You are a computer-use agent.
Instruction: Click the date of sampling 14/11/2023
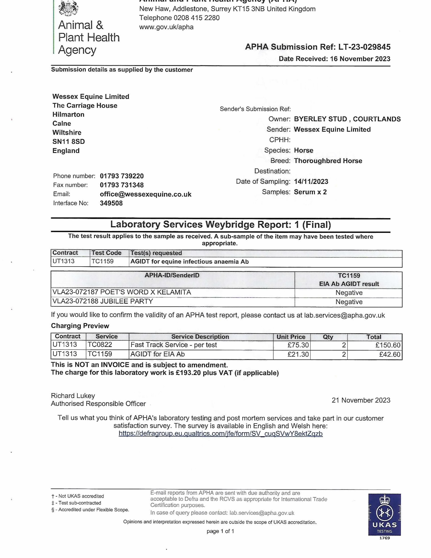click(x=311, y=182)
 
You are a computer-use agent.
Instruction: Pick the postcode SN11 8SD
click(x=69, y=142)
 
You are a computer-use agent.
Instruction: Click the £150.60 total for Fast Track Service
click(x=388, y=345)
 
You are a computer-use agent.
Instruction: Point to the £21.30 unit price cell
click(x=298, y=354)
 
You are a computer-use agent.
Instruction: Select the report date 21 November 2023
click(x=361, y=400)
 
